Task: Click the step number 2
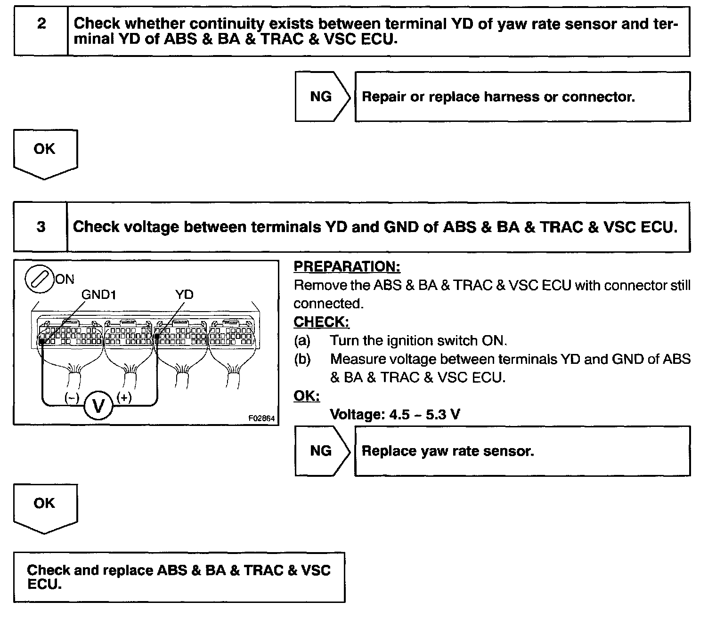(41, 24)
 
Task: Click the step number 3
(41, 227)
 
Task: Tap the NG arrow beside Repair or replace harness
(322, 96)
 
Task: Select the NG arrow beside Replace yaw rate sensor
(322, 451)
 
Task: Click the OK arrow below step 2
(45, 153)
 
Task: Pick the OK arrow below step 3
(45, 507)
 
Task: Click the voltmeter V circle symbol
(98, 405)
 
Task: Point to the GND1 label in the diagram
(99, 295)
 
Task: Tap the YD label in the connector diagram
(184, 295)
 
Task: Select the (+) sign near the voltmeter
(124, 398)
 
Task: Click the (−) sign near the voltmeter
(72, 398)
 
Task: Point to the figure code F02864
(261, 418)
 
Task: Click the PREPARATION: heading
(347, 266)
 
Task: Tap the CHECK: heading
(321, 322)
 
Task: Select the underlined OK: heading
(307, 396)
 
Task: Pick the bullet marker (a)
(302, 340)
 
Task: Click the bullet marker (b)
(302, 359)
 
